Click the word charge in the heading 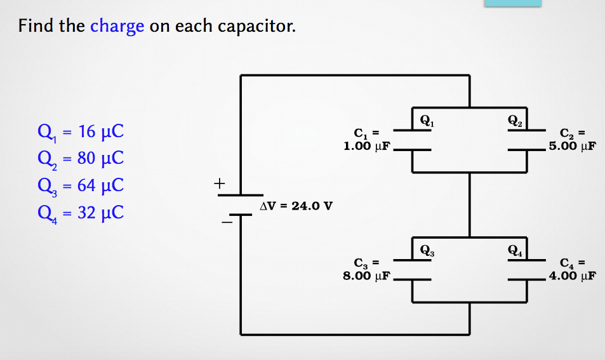pos(117,27)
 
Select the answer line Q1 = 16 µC pos(81,132)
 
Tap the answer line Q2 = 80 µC pos(81,159)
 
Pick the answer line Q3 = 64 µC pos(81,185)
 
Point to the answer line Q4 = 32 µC pos(81,212)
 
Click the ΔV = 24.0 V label pos(296,206)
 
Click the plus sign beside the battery pos(220,184)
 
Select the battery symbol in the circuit pos(241,204)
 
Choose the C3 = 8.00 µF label pos(366,269)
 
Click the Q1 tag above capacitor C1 pos(428,119)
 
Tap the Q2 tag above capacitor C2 pos(514,119)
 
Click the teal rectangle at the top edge pos(513,3)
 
